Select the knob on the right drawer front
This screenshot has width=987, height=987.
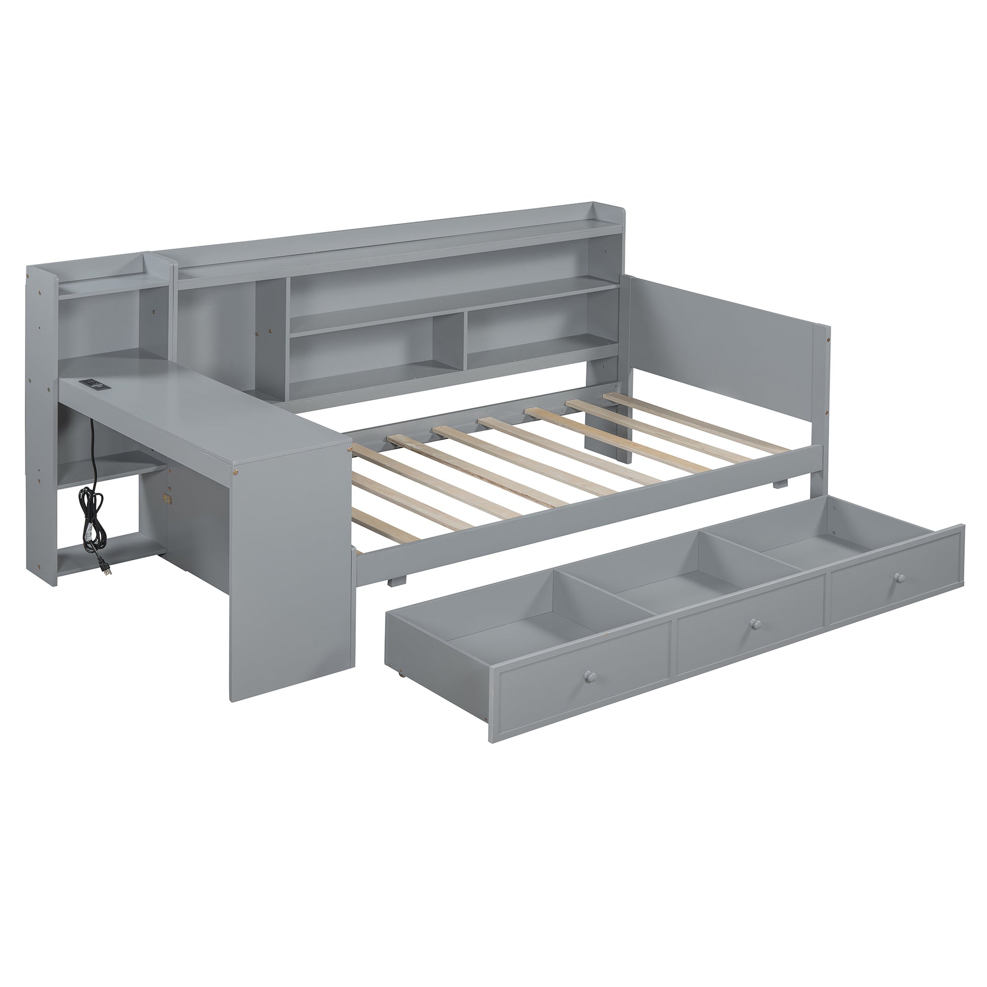coord(898,577)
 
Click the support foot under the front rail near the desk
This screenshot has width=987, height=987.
coord(399,581)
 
